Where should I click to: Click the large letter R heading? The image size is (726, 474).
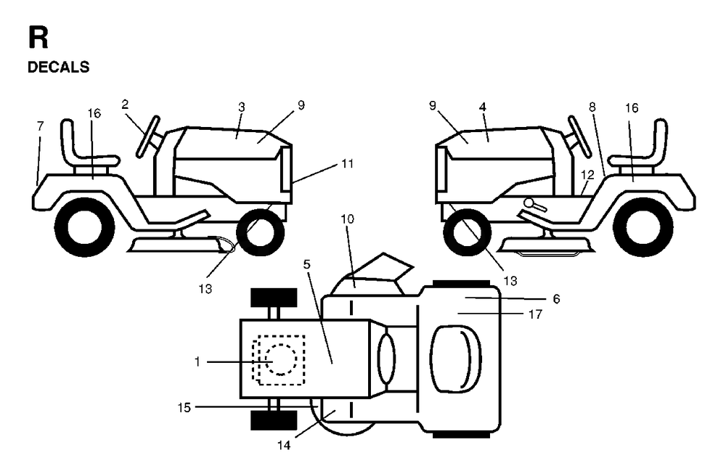click(38, 38)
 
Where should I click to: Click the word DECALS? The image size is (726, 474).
click(58, 67)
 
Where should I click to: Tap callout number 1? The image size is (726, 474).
click(197, 361)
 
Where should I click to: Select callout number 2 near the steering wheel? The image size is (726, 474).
click(125, 105)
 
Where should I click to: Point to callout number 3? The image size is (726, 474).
click(241, 107)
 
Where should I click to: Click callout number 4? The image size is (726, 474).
click(483, 107)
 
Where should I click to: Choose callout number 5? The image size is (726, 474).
click(307, 264)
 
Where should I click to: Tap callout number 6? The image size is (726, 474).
click(557, 299)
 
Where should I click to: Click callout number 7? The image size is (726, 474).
click(40, 126)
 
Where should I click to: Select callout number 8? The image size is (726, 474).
click(592, 107)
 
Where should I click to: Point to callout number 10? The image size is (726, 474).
click(347, 218)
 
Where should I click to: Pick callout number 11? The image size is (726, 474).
click(347, 164)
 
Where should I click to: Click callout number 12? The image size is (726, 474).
click(587, 175)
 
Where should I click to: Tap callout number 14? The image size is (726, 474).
click(284, 445)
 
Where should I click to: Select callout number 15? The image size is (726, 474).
click(184, 408)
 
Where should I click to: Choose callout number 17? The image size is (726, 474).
click(535, 314)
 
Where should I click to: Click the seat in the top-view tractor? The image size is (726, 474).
click(456, 359)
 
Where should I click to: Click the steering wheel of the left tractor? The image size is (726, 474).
click(148, 137)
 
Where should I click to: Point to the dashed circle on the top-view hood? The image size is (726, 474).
click(281, 359)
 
